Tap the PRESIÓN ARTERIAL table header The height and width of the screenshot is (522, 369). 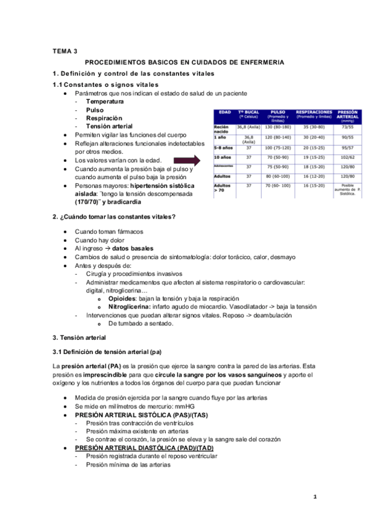click(348, 116)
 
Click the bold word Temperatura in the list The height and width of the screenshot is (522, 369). click(105, 101)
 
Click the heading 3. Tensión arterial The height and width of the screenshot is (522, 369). click(79, 337)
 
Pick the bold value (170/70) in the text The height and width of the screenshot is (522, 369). click(89, 202)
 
